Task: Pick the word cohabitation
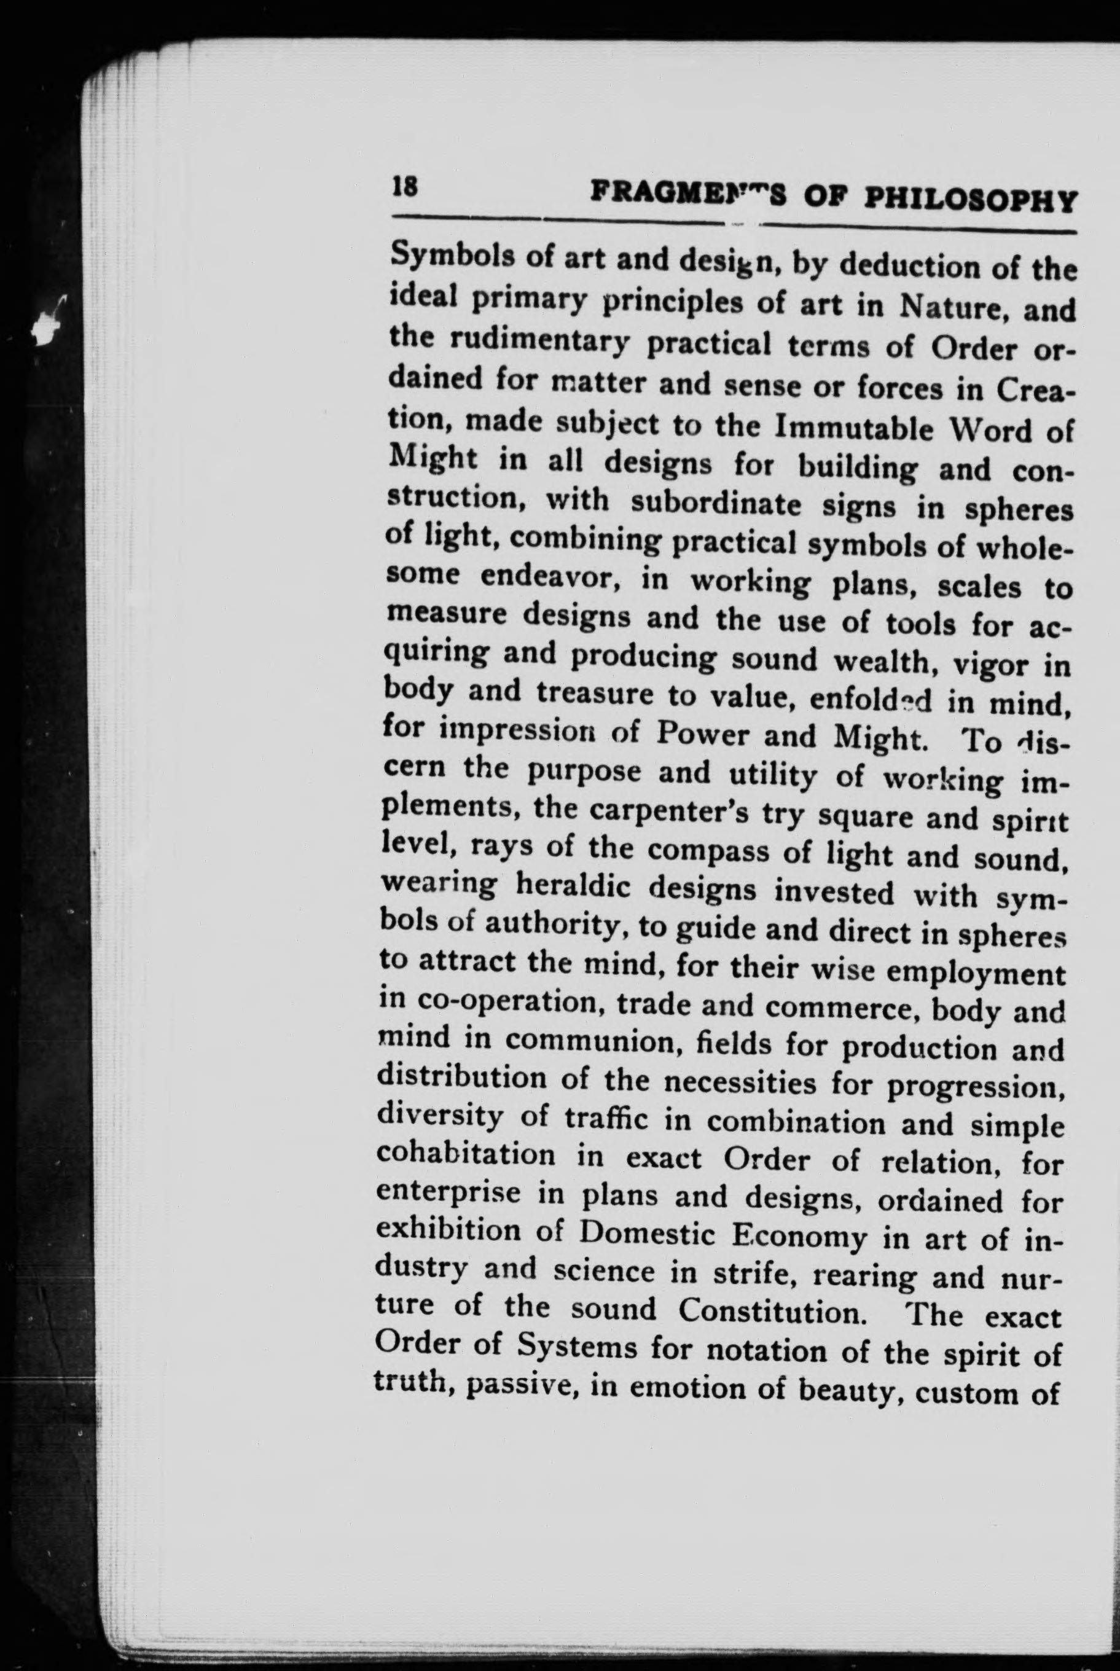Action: point(465,1156)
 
